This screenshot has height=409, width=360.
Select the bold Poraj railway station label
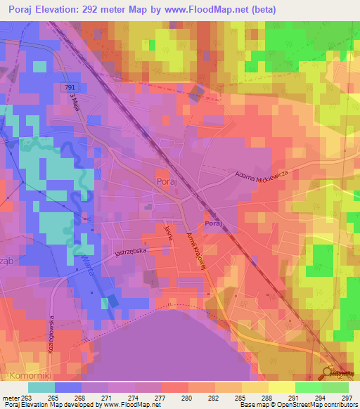click(214, 223)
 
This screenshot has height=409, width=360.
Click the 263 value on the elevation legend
click(28, 397)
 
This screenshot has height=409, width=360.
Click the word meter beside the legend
click(11, 397)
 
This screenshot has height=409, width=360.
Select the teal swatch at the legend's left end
click(41, 387)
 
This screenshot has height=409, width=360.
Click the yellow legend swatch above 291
click(282, 387)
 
